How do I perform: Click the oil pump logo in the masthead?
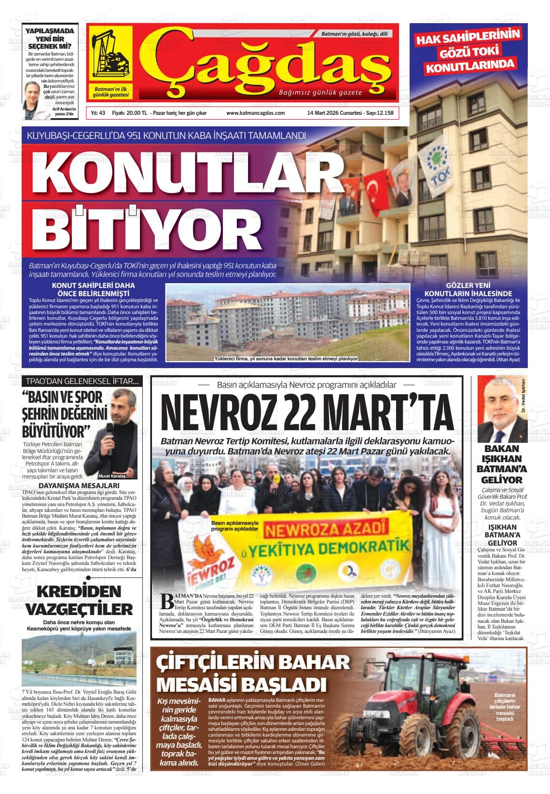[x=110, y=53]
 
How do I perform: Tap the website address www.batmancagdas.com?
[x=255, y=113]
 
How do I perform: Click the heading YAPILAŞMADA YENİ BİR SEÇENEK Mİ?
[x=50, y=38]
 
